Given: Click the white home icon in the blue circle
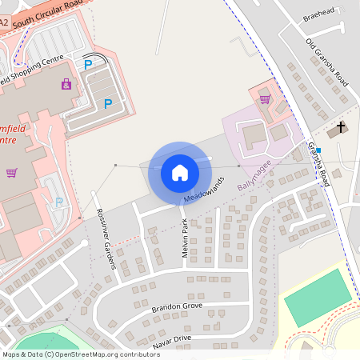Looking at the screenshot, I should [180, 173].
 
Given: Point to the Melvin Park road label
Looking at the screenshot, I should [184, 237].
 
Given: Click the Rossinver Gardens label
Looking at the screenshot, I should [106, 243].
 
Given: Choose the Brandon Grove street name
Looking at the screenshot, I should [178, 306].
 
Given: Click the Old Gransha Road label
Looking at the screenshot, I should [326, 62].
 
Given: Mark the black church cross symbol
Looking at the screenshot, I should [342, 126].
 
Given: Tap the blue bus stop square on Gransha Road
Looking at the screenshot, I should [318, 150].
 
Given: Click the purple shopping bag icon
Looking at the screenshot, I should [66, 83].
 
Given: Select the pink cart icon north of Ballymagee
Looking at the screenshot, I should [265, 99].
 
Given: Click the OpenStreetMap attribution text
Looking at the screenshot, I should [80, 354].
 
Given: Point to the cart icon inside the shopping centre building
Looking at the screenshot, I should [11, 172].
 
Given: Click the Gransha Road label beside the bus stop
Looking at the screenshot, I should [318, 165].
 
